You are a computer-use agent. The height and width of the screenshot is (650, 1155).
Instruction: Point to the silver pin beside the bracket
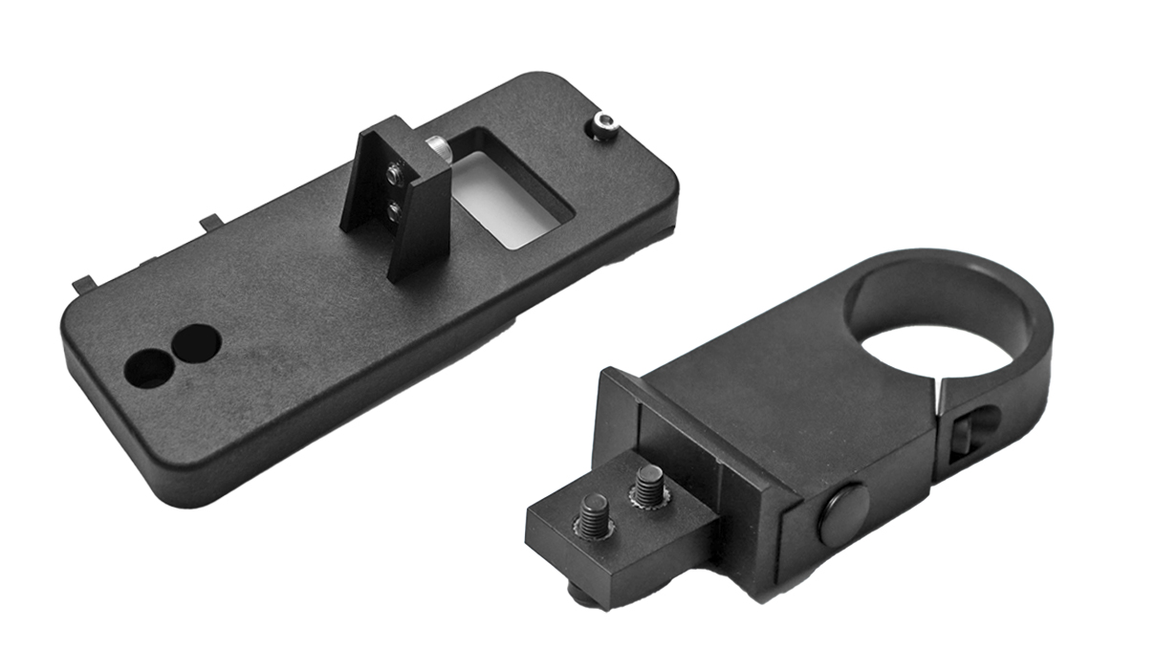[439, 146]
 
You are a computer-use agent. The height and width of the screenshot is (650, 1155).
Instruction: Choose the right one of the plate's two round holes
[196, 341]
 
